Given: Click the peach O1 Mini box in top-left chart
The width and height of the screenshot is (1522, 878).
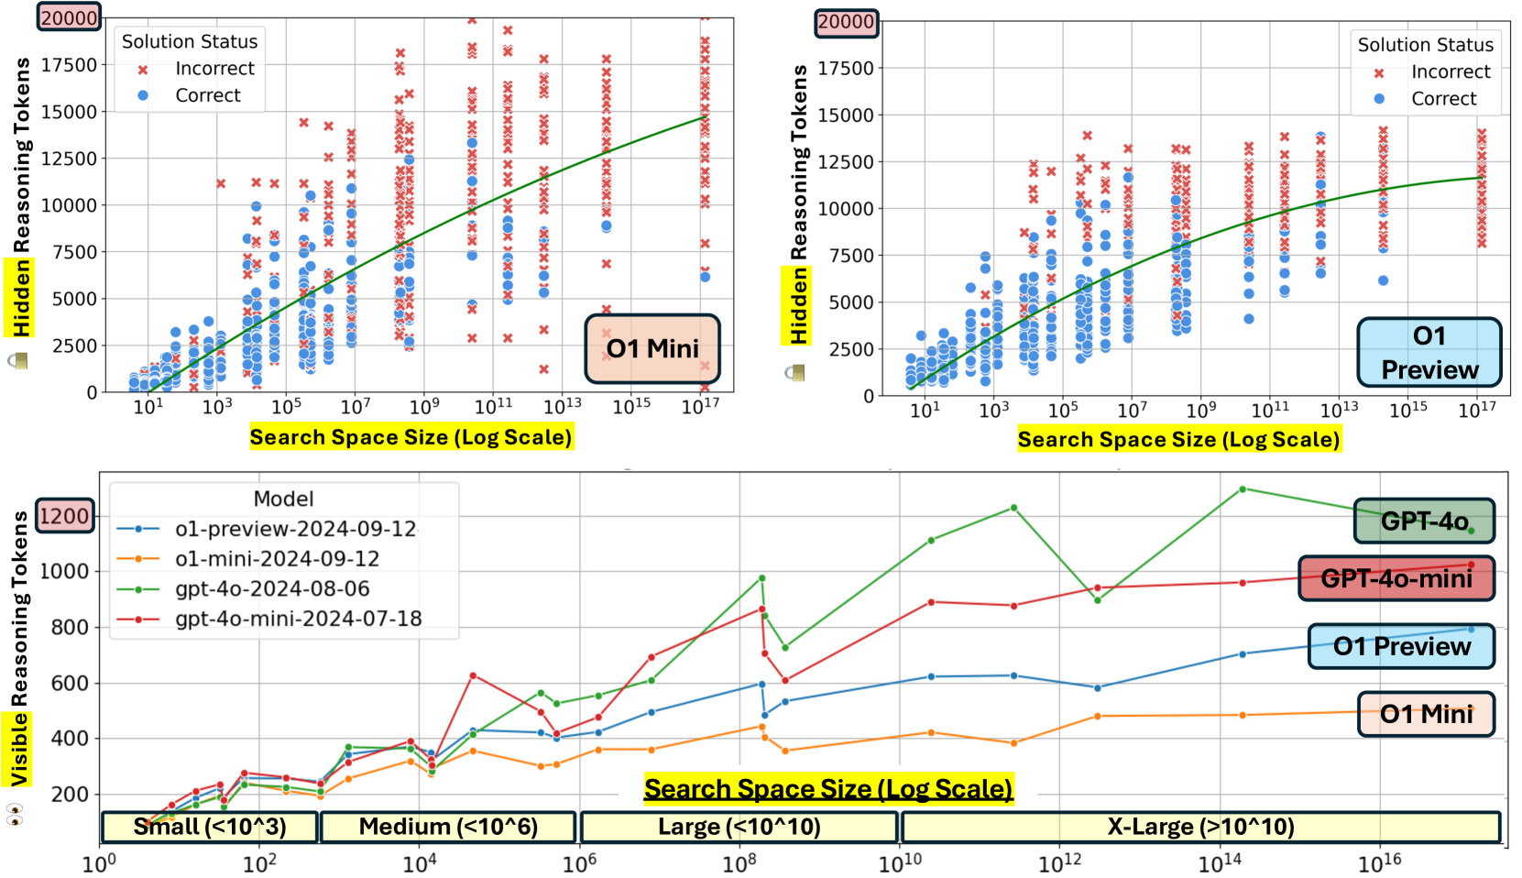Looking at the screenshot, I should click(652, 348).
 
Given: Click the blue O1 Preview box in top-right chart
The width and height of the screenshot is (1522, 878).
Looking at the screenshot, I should click(1429, 353).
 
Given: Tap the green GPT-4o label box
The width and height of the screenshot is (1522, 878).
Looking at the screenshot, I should click(1424, 521).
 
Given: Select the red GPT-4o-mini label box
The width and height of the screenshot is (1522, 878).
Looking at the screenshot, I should click(1396, 578).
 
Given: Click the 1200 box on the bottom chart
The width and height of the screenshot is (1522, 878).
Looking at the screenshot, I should click(64, 516).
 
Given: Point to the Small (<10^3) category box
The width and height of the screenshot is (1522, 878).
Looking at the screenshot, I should click(210, 827).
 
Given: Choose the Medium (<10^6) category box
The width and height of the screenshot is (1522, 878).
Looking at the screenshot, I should click(448, 827).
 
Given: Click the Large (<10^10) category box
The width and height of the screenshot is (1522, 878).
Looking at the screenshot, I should click(739, 827).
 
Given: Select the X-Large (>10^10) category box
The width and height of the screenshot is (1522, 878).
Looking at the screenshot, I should click(1200, 827).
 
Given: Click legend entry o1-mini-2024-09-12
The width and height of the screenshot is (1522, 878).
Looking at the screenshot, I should click(277, 559).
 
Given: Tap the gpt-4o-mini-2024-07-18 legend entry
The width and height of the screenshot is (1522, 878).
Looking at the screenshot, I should click(298, 619).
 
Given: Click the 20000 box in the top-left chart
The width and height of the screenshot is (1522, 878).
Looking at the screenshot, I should click(69, 17).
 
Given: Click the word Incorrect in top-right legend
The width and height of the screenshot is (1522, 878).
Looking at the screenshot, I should click(1451, 71).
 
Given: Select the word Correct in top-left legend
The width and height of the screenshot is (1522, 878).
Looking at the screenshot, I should click(208, 95).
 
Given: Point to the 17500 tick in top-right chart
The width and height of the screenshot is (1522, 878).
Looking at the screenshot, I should click(845, 68).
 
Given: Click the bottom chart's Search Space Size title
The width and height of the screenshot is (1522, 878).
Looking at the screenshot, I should click(828, 789).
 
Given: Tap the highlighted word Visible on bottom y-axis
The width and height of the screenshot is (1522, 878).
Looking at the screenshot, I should click(19, 749).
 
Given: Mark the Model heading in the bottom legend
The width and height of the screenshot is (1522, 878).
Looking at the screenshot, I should click(283, 499).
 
